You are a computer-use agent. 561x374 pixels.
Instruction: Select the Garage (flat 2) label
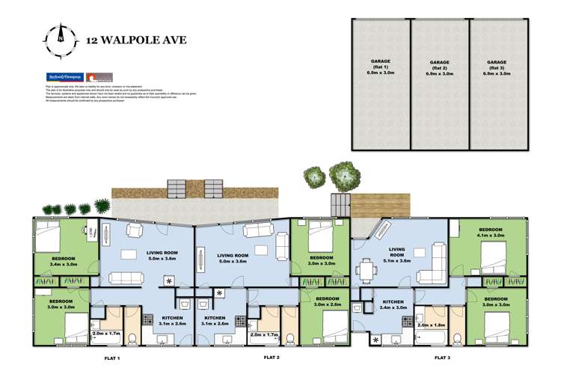click(439, 68)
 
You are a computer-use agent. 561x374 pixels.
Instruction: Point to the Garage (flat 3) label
click(497, 68)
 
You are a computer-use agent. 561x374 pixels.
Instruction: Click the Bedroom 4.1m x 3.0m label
click(490, 232)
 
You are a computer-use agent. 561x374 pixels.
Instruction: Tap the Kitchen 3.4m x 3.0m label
click(393, 304)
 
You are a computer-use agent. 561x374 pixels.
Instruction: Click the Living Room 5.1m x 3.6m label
click(396, 256)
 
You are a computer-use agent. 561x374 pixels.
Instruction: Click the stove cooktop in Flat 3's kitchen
click(408, 321)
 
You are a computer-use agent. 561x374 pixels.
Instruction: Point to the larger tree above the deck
click(344, 176)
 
